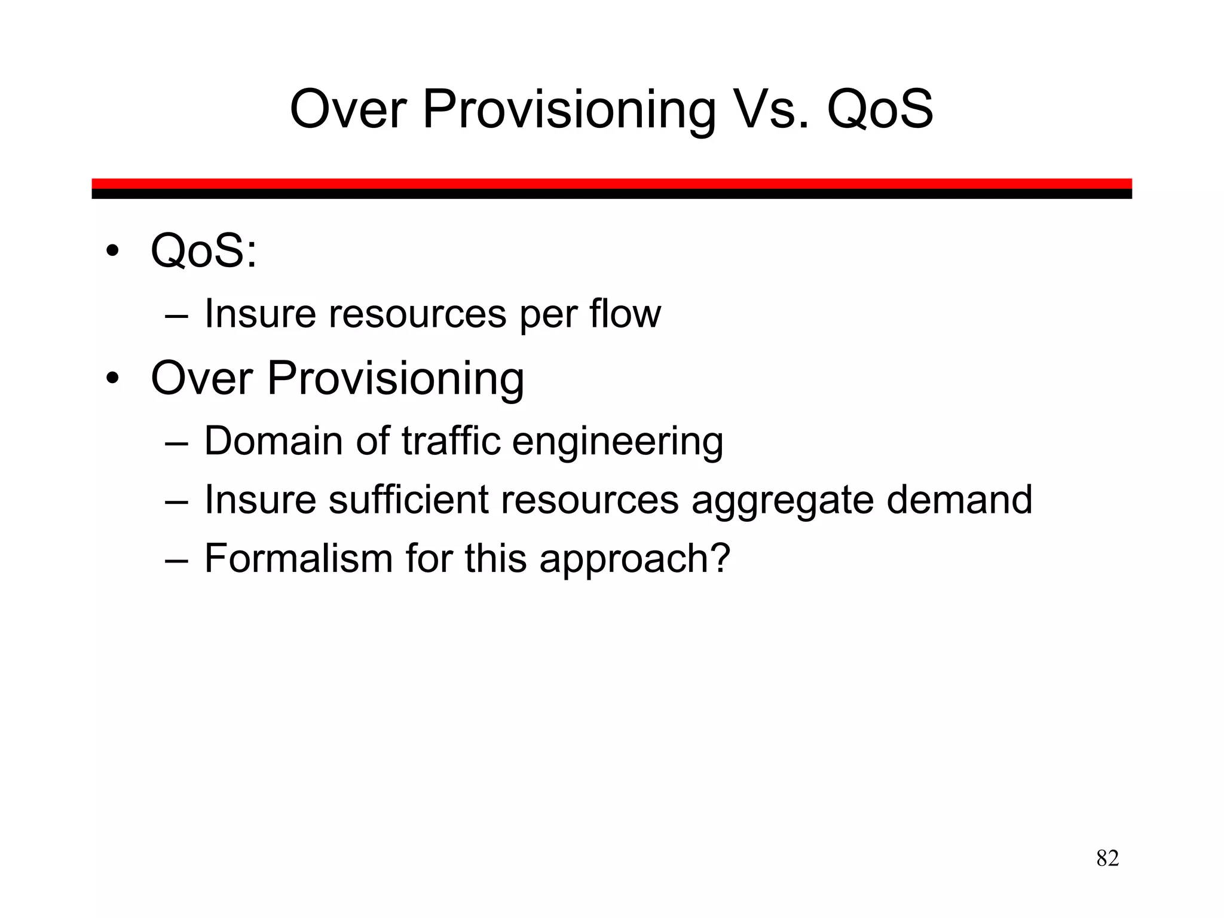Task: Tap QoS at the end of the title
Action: (x=880, y=110)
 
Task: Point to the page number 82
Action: (x=1107, y=858)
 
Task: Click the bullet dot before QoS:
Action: (x=112, y=252)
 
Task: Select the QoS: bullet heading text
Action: (x=204, y=252)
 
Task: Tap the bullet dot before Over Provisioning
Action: (x=112, y=378)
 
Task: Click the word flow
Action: (x=625, y=313)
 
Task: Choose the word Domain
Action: (x=274, y=440)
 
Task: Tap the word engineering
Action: (x=617, y=443)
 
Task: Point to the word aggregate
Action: (x=782, y=501)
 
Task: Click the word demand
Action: (x=959, y=499)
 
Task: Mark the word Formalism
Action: (x=298, y=558)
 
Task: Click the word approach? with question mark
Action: (x=635, y=561)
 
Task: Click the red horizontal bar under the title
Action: (x=611, y=183)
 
